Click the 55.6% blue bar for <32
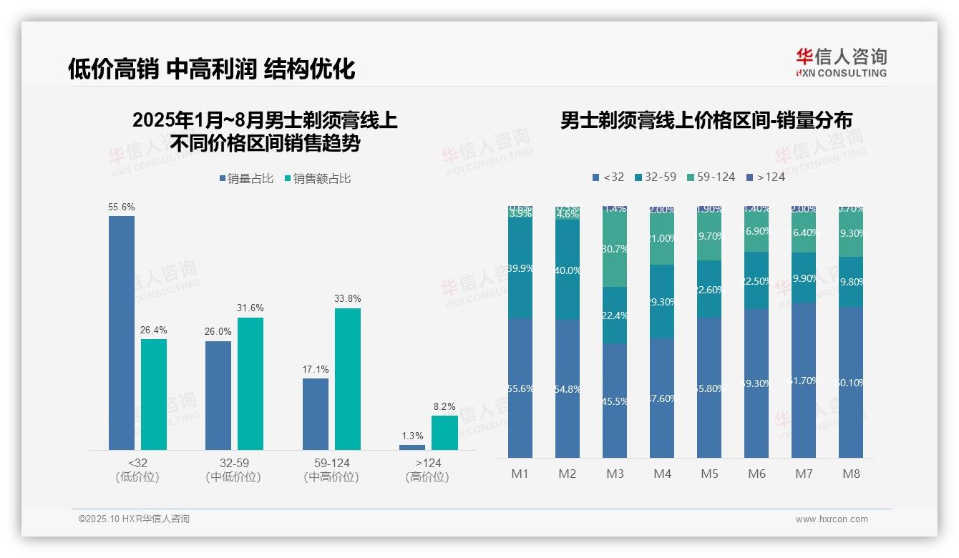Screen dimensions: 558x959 (x=122, y=333)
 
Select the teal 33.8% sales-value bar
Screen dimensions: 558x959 (x=348, y=379)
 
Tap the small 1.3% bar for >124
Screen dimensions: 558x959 (x=412, y=447)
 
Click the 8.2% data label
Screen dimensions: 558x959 (x=444, y=406)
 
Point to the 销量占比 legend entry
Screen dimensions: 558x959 (x=247, y=179)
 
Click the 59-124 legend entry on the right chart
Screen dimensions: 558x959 (x=711, y=177)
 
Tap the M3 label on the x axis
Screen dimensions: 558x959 (x=615, y=474)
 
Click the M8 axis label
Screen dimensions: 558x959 (x=851, y=474)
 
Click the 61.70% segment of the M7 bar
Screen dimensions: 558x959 (x=804, y=381)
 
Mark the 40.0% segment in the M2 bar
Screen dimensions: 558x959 (x=568, y=270)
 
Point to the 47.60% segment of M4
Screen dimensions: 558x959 (x=662, y=398)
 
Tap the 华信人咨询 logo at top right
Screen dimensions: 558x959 (x=841, y=62)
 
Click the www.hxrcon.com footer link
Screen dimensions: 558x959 (x=832, y=519)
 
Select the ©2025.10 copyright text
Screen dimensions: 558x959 (x=134, y=519)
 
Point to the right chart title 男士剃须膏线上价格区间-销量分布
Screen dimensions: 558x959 (x=706, y=121)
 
